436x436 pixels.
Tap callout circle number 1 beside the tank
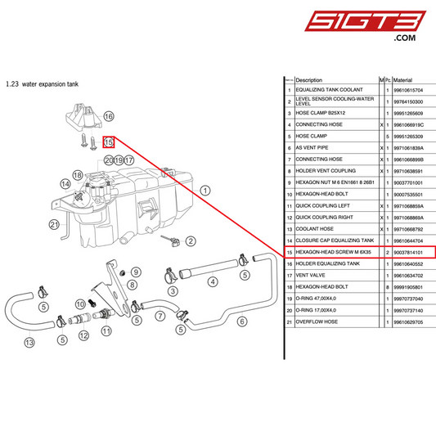pos(205,189)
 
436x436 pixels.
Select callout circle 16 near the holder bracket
pos(109,117)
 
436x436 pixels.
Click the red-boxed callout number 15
pos(108,142)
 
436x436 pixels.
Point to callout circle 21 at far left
pos(55,224)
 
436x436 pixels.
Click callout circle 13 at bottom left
pos(29,342)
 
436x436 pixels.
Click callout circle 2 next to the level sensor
pos(191,240)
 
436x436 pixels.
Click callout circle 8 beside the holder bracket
pos(132,284)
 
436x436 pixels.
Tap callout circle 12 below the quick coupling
pos(83,335)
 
